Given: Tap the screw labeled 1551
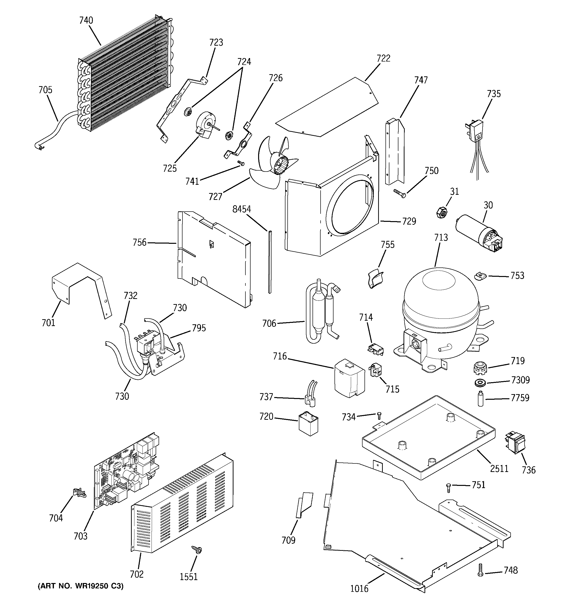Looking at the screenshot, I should (x=197, y=556).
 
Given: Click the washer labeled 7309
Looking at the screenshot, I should (x=479, y=383).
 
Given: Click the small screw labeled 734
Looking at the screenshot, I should (x=379, y=415).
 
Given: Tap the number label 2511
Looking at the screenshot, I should (x=499, y=469).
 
